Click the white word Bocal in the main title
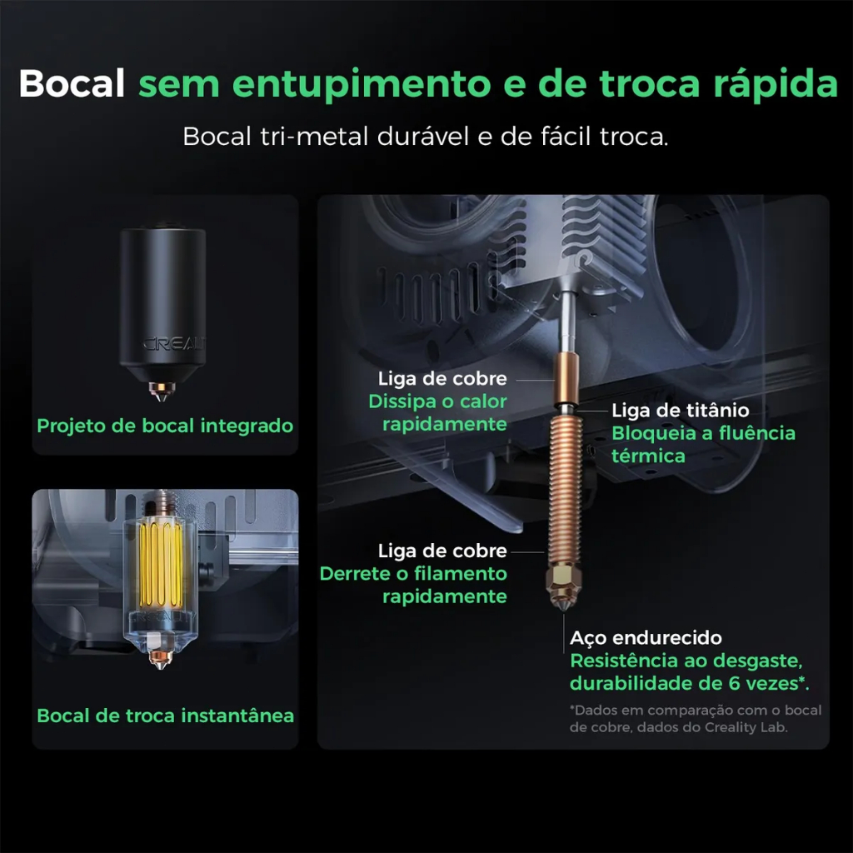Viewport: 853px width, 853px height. click(x=72, y=83)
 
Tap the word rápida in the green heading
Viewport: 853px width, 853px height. click(x=776, y=84)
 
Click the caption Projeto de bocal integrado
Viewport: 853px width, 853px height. click(x=165, y=426)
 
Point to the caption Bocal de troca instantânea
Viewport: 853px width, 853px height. click(x=166, y=716)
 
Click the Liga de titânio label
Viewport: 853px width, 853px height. click(x=680, y=410)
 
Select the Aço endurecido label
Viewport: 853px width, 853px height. click(x=646, y=637)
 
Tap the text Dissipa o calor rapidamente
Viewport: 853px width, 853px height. click(x=438, y=412)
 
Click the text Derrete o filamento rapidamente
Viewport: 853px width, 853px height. click(x=413, y=585)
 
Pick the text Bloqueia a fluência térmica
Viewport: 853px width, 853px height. click(x=703, y=445)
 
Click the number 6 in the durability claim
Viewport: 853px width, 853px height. click(x=734, y=683)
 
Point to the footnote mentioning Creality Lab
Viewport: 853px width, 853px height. click(x=696, y=719)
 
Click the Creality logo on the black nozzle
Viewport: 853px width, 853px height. click(x=174, y=344)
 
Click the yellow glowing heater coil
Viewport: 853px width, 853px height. click(x=161, y=565)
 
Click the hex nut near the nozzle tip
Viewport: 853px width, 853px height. click(x=564, y=582)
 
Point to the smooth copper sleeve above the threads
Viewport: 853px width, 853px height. click(x=566, y=377)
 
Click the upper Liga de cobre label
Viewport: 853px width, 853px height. click(x=442, y=378)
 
